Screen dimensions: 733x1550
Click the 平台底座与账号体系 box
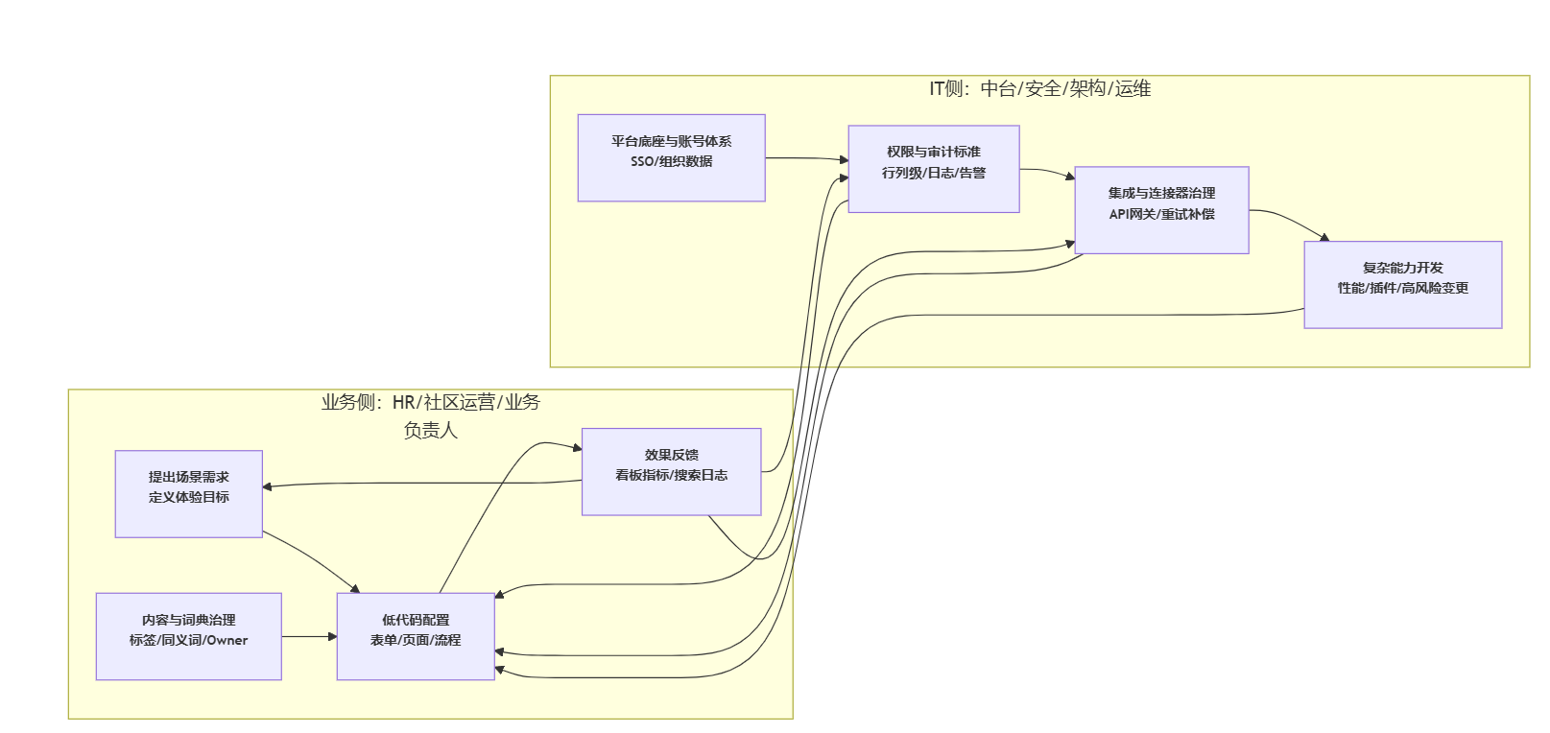(x=671, y=157)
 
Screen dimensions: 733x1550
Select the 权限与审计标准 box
(x=933, y=168)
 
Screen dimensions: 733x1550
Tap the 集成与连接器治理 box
(x=1161, y=209)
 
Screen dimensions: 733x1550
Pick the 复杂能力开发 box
(x=1402, y=284)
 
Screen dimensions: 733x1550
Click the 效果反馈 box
(x=671, y=471)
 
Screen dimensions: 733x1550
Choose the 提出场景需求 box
(x=188, y=493)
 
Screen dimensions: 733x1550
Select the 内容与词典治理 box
(x=188, y=636)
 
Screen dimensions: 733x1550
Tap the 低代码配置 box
(x=415, y=636)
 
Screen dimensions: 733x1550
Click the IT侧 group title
(x=1039, y=89)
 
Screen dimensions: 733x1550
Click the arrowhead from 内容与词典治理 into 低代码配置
(x=332, y=636)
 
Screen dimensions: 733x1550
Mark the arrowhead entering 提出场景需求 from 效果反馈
(x=268, y=486)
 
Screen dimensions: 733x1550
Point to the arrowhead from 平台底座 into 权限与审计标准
(x=844, y=159)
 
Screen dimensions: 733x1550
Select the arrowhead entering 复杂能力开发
(x=1324, y=237)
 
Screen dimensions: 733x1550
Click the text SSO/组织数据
(x=671, y=161)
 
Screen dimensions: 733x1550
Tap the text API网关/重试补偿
(x=1161, y=214)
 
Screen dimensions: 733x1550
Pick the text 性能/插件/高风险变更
(x=1402, y=288)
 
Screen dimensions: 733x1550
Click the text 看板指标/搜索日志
(x=671, y=475)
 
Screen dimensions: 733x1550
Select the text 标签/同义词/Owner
(x=188, y=640)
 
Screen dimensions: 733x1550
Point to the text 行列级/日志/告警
(x=933, y=173)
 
